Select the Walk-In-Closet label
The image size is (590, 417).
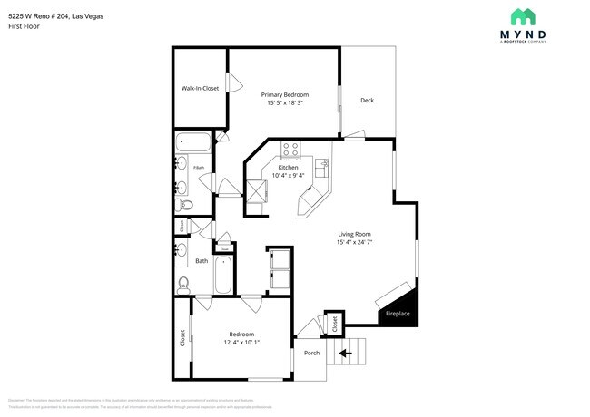tap(200, 88)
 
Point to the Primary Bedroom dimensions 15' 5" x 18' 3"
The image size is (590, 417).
tap(285, 103)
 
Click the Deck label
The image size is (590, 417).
tap(367, 100)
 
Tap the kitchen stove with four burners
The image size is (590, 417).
tap(290, 150)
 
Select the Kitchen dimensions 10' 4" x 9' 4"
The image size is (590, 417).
tap(289, 176)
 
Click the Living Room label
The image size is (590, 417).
tap(355, 235)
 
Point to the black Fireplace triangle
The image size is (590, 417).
tap(403, 304)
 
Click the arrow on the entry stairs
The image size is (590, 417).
tap(345, 353)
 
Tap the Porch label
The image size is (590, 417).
tap(311, 353)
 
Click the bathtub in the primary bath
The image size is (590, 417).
tap(193, 141)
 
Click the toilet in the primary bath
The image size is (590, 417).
tap(182, 206)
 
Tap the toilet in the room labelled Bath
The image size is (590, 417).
tap(182, 283)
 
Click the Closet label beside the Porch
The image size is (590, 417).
tap(334, 322)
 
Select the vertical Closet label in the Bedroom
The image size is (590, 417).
tap(182, 338)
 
